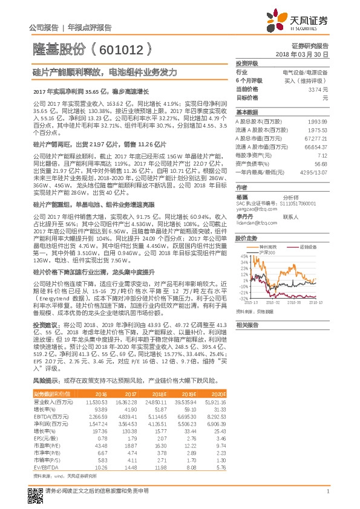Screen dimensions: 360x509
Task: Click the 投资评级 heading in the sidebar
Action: tap(247, 63)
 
